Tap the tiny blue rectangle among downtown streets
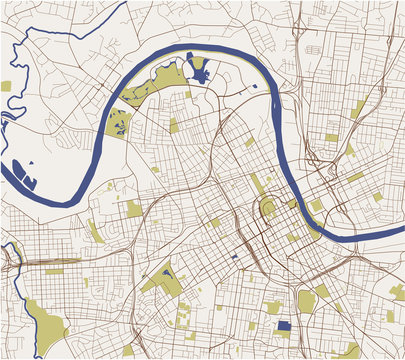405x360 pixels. pyautogui.click(x=234, y=256)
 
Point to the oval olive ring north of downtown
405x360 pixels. pyautogui.click(x=267, y=208)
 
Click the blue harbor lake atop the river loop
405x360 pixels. pyautogui.click(x=198, y=70)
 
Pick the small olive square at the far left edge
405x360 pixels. pyautogui.click(x=5, y=86)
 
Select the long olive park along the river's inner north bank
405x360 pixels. pyautogui.click(x=150, y=84)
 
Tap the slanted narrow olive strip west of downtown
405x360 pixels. pyautogui.click(x=95, y=231)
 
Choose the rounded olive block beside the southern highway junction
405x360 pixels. pyautogui.click(x=306, y=300)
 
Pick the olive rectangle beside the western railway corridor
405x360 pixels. pyautogui.click(x=55, y=270)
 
